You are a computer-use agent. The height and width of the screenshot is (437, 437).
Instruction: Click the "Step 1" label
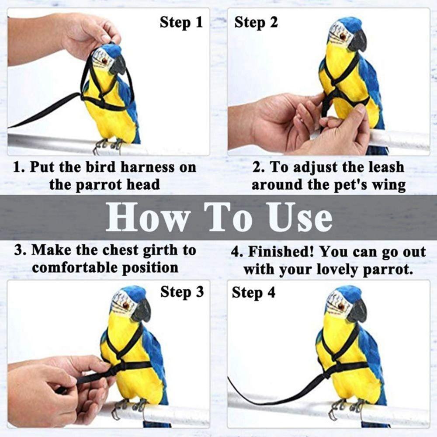[x=181, y=22]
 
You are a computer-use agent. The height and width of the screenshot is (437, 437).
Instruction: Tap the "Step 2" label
[x=256, y=22]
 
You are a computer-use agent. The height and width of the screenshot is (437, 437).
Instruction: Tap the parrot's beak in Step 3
[x=142, y=311]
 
